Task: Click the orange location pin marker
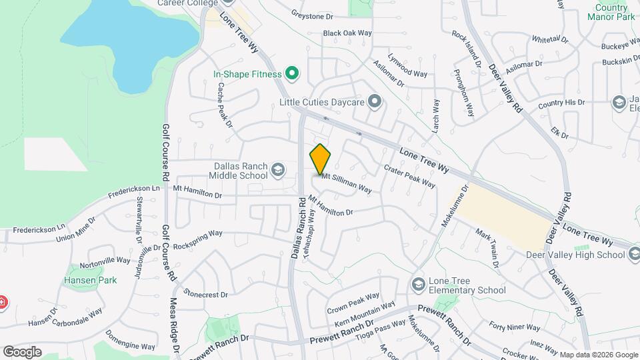(x=321, y=159)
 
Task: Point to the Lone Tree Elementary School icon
(x=418, y=284)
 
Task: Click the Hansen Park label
(x=90, y=280)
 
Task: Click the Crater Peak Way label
(x=410, y=176)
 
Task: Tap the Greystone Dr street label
(x=312, y=14)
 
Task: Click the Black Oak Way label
(x=347, y=33)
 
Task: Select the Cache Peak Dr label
(x=224, y=105)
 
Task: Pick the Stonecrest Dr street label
(x=206, y=294)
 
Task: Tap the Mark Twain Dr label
(x=487, y=247)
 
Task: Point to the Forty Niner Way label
(x=514, y=326)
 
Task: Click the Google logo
(x=22, y=352)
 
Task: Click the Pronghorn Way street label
(x=464, y=93)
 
